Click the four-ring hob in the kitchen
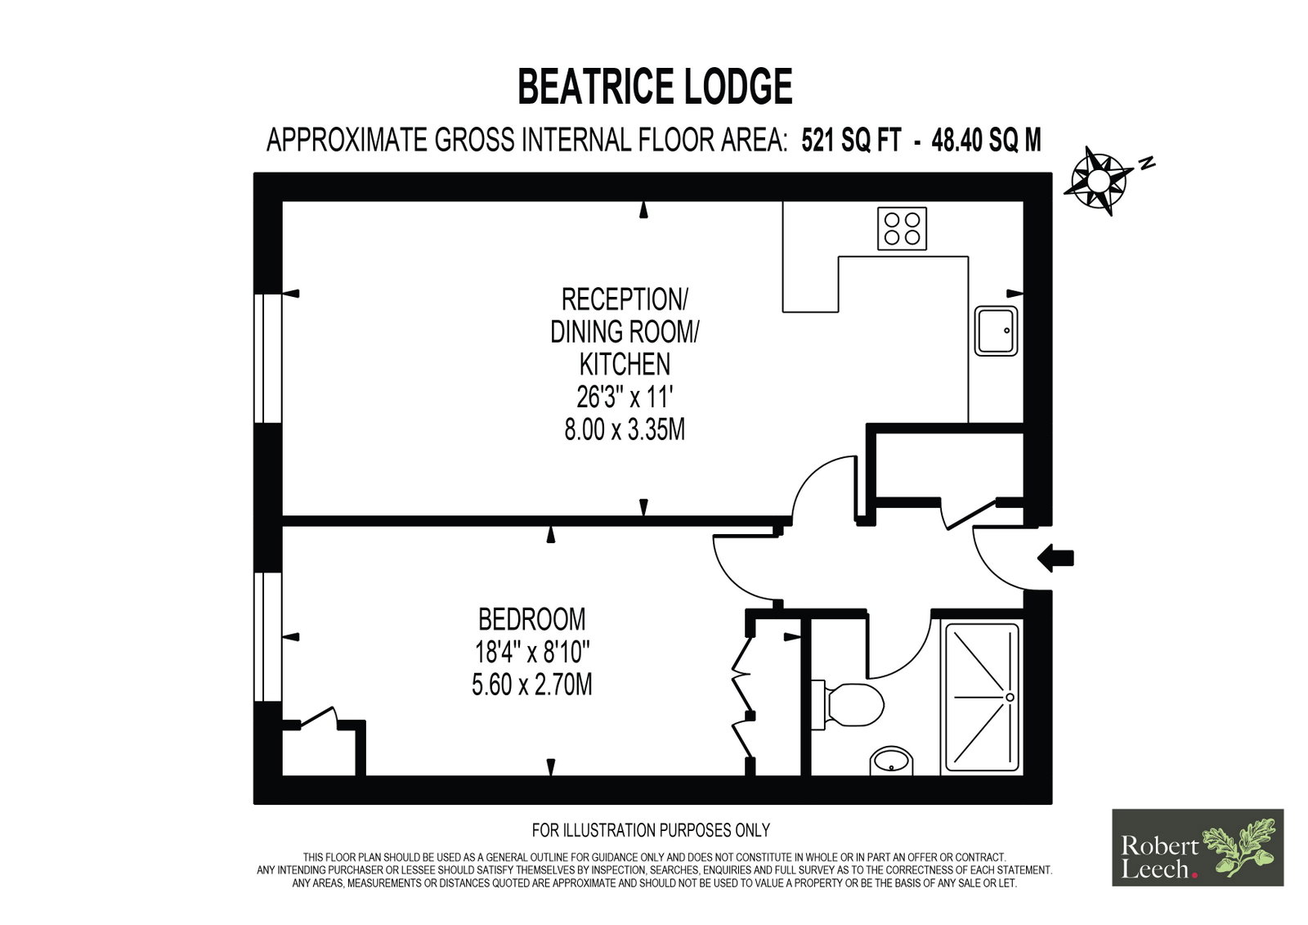coord(902,228)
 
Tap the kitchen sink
coord(996,330)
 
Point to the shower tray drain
coord(1010,697)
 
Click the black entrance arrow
coord(1055,558)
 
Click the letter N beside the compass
coord(1148,164)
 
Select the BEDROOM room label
coord(531,619)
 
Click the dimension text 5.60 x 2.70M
coord(532,685)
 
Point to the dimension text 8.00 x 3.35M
coord(625,430)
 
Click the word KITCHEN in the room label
coord(625,364)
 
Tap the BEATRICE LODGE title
coord(655,87)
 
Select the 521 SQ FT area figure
coord(851,140)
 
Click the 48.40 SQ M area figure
coord(986,140)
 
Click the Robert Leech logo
coord(1198,847)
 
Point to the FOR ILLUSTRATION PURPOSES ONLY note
coord(651,830)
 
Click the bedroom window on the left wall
coord(268,636)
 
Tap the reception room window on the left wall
coord(268,358)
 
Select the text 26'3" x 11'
coord(625,397)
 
